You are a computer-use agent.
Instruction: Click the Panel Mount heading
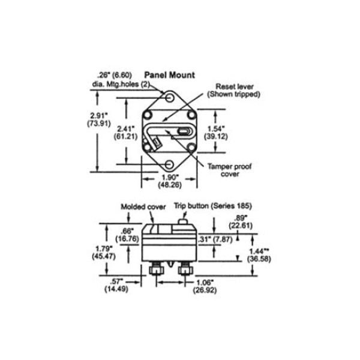pos(169,76)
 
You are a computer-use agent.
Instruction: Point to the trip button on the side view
pos(184,224)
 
